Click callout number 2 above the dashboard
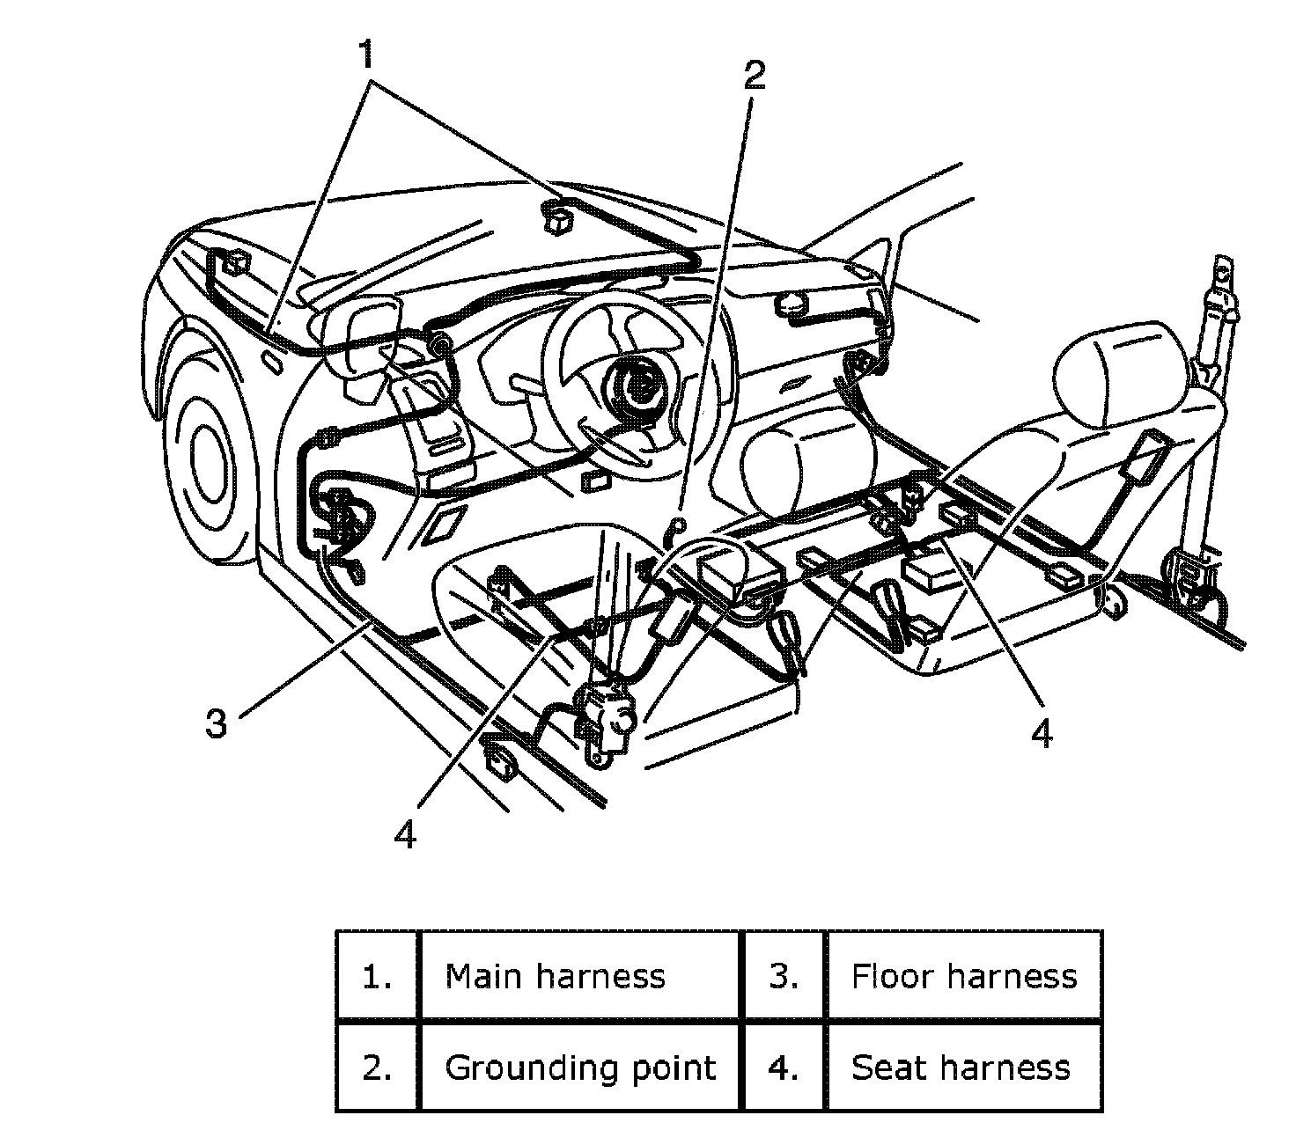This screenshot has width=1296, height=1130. pos(755,76)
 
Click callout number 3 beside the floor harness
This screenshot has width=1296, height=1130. pos(216,723)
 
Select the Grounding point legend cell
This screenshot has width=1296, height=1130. pos(579,1068)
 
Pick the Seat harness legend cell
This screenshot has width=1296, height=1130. pos(964,1068)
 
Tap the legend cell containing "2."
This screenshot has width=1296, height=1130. pos(377,1068)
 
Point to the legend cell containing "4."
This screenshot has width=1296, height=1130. pos(784,1068)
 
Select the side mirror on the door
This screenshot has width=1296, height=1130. pos(361,351)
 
